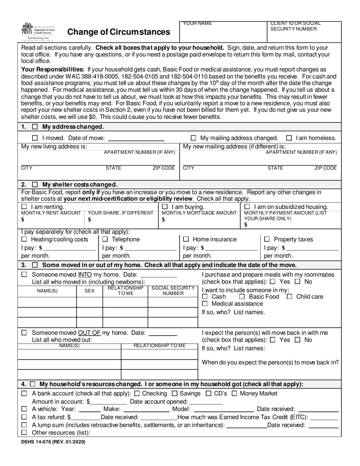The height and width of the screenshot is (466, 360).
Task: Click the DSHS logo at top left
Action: click(x=38, y=31)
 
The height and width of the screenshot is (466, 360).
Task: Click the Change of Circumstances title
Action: click(x=119, y=32)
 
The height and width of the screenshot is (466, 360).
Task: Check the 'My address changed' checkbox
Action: click(x=35, y=127)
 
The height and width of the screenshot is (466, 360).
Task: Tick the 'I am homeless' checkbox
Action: click(x=289, y=138)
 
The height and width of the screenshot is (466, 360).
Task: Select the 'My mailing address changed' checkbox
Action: click(x=194, y=138)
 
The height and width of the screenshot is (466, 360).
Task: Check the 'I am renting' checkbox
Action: click(x=24, y=207)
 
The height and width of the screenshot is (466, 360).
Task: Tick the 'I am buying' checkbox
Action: click(x=165, y=207)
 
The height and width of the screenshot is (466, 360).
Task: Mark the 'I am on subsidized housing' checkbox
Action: click(x=247, y=207)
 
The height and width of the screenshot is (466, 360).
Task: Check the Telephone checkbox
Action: click(x=105, y=239)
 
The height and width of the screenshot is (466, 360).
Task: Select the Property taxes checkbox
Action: click(x=267, y=239)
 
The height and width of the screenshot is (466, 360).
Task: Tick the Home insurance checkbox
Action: click(x=186, y=239)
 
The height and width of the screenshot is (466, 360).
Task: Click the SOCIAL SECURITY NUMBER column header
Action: click(x=173, y=291)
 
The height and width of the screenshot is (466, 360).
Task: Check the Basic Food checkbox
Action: click(x=242, y=297)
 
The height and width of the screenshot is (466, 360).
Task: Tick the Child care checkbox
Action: click(x=290, y=297)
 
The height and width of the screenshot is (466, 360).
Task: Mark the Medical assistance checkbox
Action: click(x=205, y=304)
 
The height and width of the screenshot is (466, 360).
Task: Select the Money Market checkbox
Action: click(x=234, y=394)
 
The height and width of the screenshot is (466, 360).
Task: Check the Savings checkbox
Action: click(x=175, y=394)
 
